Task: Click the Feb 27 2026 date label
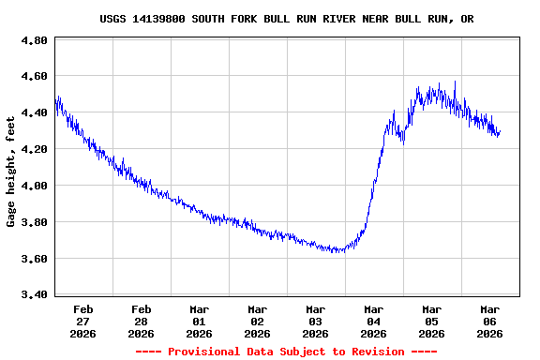point(83,321)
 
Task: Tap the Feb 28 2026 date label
point(142,321)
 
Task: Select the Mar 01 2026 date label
point(200,321)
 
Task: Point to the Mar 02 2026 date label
point(258,321)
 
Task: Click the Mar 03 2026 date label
point(316,321)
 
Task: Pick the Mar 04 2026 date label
point(374,321)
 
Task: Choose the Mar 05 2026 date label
point(432,321)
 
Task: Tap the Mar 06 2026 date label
point(490,321)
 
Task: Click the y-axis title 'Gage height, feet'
point(11,172)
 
